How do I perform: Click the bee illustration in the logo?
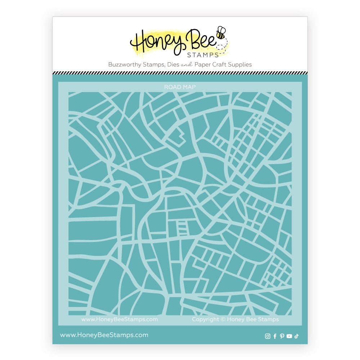tap(220, 33)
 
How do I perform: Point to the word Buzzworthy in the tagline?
tap(123, 65)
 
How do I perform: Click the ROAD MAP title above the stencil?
tap(180, 87)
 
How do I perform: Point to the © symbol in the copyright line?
tap(223, 319)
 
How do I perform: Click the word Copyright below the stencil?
tap(206, 319)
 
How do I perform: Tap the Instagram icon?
tap(267, 336)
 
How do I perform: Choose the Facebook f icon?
tap(275, 336)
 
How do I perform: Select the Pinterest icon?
tap(282, 336)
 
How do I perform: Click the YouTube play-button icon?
tap(289, 336)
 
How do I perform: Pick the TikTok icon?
tap(296, 336)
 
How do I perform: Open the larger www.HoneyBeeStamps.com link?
tap(104, 335)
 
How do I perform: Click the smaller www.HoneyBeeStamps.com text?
tap(120, 319)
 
